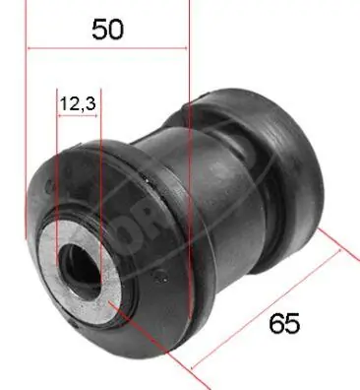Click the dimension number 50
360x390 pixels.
[107, 29]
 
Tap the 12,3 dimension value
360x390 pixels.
[79, 101]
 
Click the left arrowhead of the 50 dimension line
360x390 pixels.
[30, 47]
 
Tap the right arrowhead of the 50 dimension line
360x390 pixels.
[184, 47]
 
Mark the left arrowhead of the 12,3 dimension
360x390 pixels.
[61, 115]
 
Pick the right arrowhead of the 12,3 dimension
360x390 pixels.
[97, 115]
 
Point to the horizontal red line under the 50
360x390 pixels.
[107, 47]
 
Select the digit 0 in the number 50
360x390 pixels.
[116, 29]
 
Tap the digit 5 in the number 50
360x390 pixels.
[98, 29]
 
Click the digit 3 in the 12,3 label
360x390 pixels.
[90, 101]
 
